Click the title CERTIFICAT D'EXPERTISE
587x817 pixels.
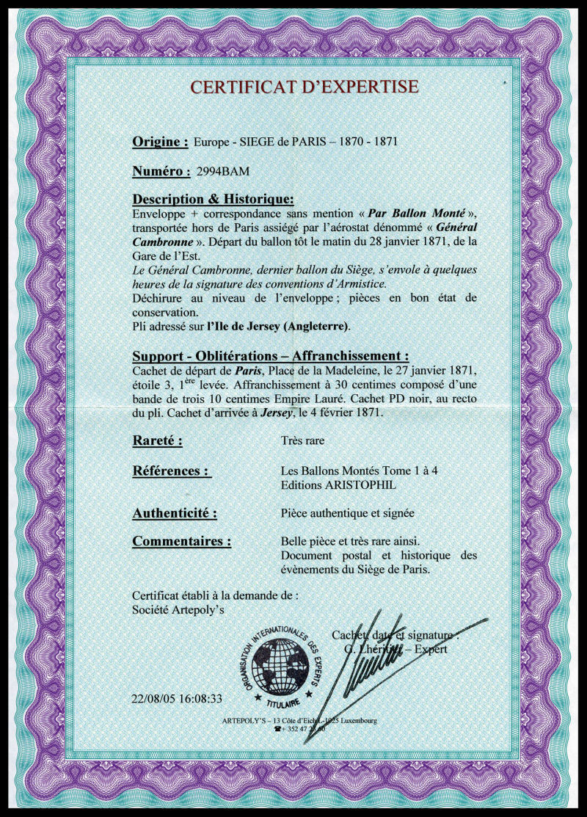305,87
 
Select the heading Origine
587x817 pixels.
160,142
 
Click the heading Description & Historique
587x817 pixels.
213,200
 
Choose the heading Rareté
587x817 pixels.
157,441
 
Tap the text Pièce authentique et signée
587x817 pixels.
349,514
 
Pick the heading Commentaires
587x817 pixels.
181,542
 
